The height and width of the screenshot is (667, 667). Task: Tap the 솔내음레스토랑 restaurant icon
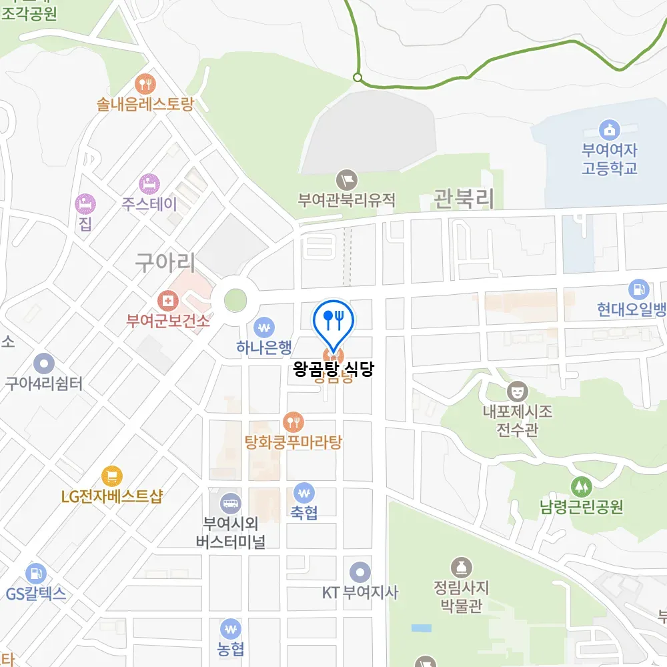click(x=145, y=84)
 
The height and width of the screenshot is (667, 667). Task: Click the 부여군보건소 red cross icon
click(x=168, y=301)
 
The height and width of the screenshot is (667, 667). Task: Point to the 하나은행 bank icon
click(x=264, y=327)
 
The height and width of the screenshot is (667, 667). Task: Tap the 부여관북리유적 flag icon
click(x=347, y=179)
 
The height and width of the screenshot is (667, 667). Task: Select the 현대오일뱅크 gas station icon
click(x=638, y=289)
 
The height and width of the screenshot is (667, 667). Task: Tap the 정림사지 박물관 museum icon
click(x=460, y=568)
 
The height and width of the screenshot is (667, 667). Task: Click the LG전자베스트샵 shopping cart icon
click(x=111, y=476)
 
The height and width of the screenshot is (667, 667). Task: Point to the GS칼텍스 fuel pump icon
click(x=35, y=573)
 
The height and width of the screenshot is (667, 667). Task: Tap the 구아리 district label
click(x=165, y=262)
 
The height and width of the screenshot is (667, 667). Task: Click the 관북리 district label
click(x=464, y=198)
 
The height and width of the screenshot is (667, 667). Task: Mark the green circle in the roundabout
click(x=235, y=300)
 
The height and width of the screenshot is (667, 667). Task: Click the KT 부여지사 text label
click(x=360, y=592)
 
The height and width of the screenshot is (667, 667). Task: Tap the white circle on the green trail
click(x=358, y=78)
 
